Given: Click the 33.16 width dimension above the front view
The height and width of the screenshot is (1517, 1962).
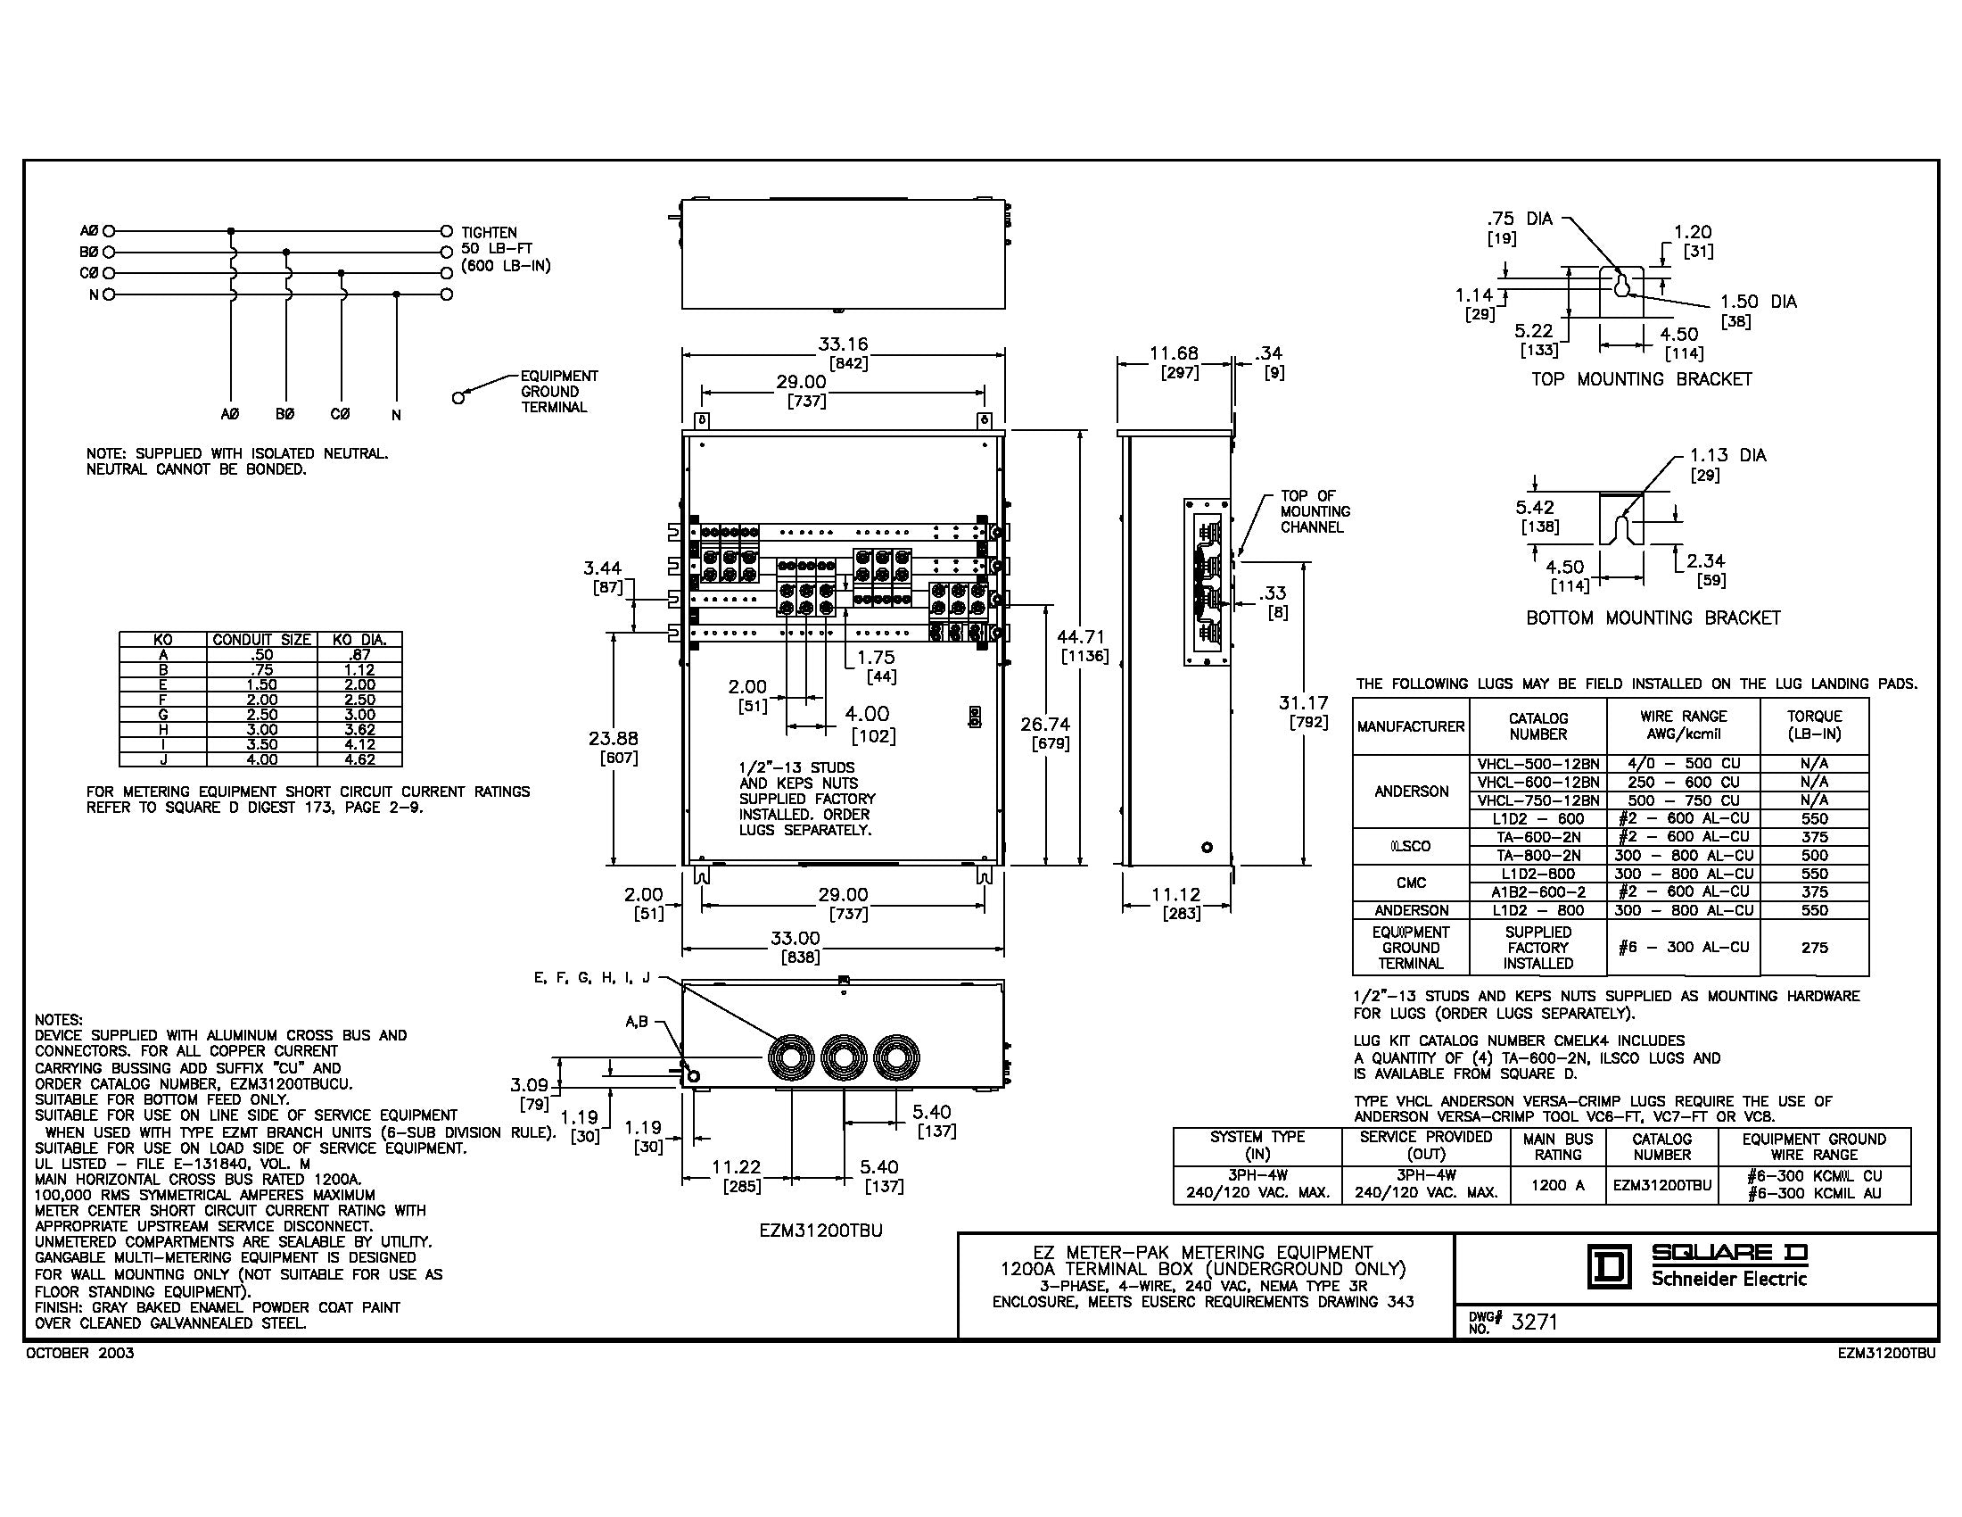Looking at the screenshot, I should pos(842,344).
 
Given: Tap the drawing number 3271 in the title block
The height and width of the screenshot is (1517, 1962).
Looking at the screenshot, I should pos(1535,1321).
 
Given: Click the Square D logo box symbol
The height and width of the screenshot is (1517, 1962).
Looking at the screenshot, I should pos(1609,1268).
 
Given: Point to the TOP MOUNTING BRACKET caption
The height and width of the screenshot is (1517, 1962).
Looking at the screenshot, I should pos(1641,379).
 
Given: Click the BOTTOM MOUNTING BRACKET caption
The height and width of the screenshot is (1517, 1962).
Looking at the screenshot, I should pos(1653,618).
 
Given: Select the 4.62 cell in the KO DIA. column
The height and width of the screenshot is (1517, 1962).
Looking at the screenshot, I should pos(359,759).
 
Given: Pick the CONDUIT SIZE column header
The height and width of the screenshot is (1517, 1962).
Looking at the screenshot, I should pos(261,640).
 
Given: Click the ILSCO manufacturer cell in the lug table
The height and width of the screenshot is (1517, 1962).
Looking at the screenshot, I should pos(1411,846).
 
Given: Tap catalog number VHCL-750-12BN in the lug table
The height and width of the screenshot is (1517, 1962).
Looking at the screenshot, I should pos(1538,800).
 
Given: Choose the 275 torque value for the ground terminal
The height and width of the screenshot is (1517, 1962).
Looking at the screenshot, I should pos(1814,947).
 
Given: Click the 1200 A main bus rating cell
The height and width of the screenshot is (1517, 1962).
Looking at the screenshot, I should pos(1557,1184).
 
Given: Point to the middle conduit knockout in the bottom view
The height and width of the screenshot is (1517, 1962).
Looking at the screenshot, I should pos(845,1057).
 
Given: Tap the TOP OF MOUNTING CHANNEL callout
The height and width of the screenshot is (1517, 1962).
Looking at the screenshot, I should pos(1315,511).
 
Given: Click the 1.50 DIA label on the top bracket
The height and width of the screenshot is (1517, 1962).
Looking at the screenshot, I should pos(1758,302).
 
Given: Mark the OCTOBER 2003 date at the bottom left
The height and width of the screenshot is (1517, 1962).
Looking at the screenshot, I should pos(80,1354).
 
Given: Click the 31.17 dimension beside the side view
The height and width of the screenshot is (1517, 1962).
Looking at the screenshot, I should pos(1303,704).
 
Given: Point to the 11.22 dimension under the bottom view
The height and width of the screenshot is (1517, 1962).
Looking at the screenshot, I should pos(736,1166).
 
